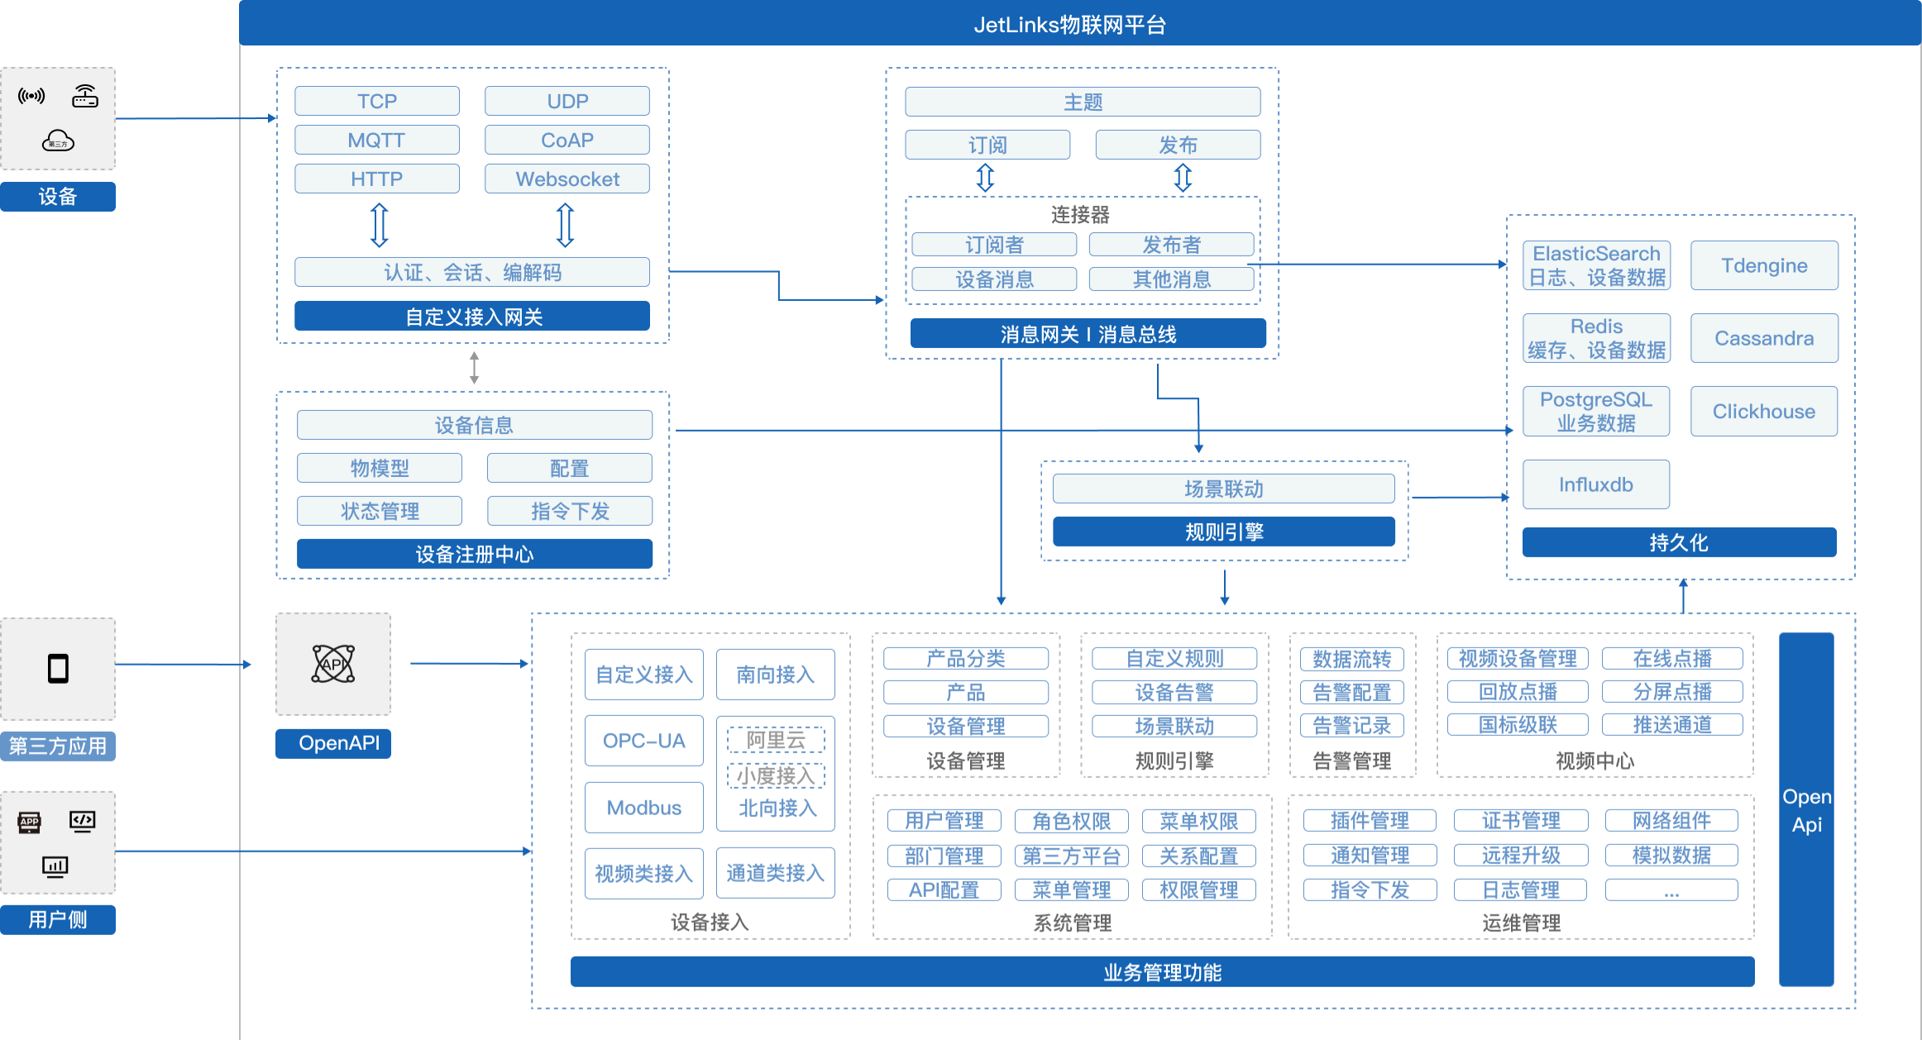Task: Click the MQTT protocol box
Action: [376, 140]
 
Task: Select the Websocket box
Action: [567, 179]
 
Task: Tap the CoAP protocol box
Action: [567, 140]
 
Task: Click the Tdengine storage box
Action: [1763, 265]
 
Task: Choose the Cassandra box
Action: [1763, 338]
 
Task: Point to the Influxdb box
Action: [1595, 484]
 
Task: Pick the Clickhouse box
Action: [1763, 411]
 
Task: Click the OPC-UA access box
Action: [643, 741]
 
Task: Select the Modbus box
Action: [643, 808]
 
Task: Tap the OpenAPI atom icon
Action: [333, 664]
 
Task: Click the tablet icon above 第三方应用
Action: [58, 668]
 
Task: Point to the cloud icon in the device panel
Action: [58, 141]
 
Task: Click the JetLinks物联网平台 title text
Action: [1069, 25]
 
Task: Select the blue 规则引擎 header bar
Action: [1223, 532]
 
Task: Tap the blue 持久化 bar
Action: [1679, 542]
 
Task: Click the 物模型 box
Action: [380, 468]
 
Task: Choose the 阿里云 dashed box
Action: [776, 740]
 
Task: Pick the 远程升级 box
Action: [1521, 855]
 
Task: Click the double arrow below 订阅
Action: [985, 177]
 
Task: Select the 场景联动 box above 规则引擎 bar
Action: [1223, 489]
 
